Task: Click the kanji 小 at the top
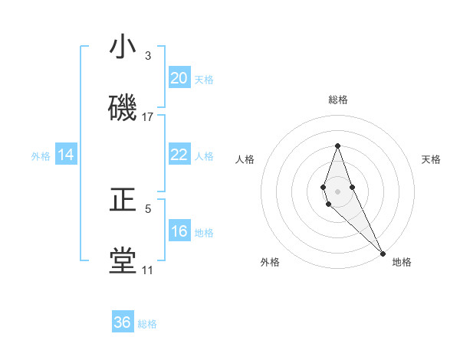click(123, 47)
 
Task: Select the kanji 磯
click(123, 108)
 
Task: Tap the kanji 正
click(123, 200)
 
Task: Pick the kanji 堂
click(123, 261)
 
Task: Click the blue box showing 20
click(179, 78)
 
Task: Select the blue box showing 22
click(179, 155)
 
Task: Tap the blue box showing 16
click(179, 231)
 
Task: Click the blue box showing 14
click(66, 155)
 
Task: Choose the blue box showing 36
click(123, 322)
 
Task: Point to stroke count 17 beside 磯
click(148, 117)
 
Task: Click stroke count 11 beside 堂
click(147, 270)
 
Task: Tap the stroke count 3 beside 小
click(148, 56)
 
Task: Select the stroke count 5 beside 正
click(148, 208)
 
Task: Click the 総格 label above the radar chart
click(338, 100)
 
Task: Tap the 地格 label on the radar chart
click(402, 262)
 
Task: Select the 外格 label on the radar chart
click(270, 262)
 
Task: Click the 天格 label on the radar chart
click(432, 159)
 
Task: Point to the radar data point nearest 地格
click(383, 253)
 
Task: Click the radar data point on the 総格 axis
click(337, 146)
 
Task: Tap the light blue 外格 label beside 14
click(41, 155)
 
